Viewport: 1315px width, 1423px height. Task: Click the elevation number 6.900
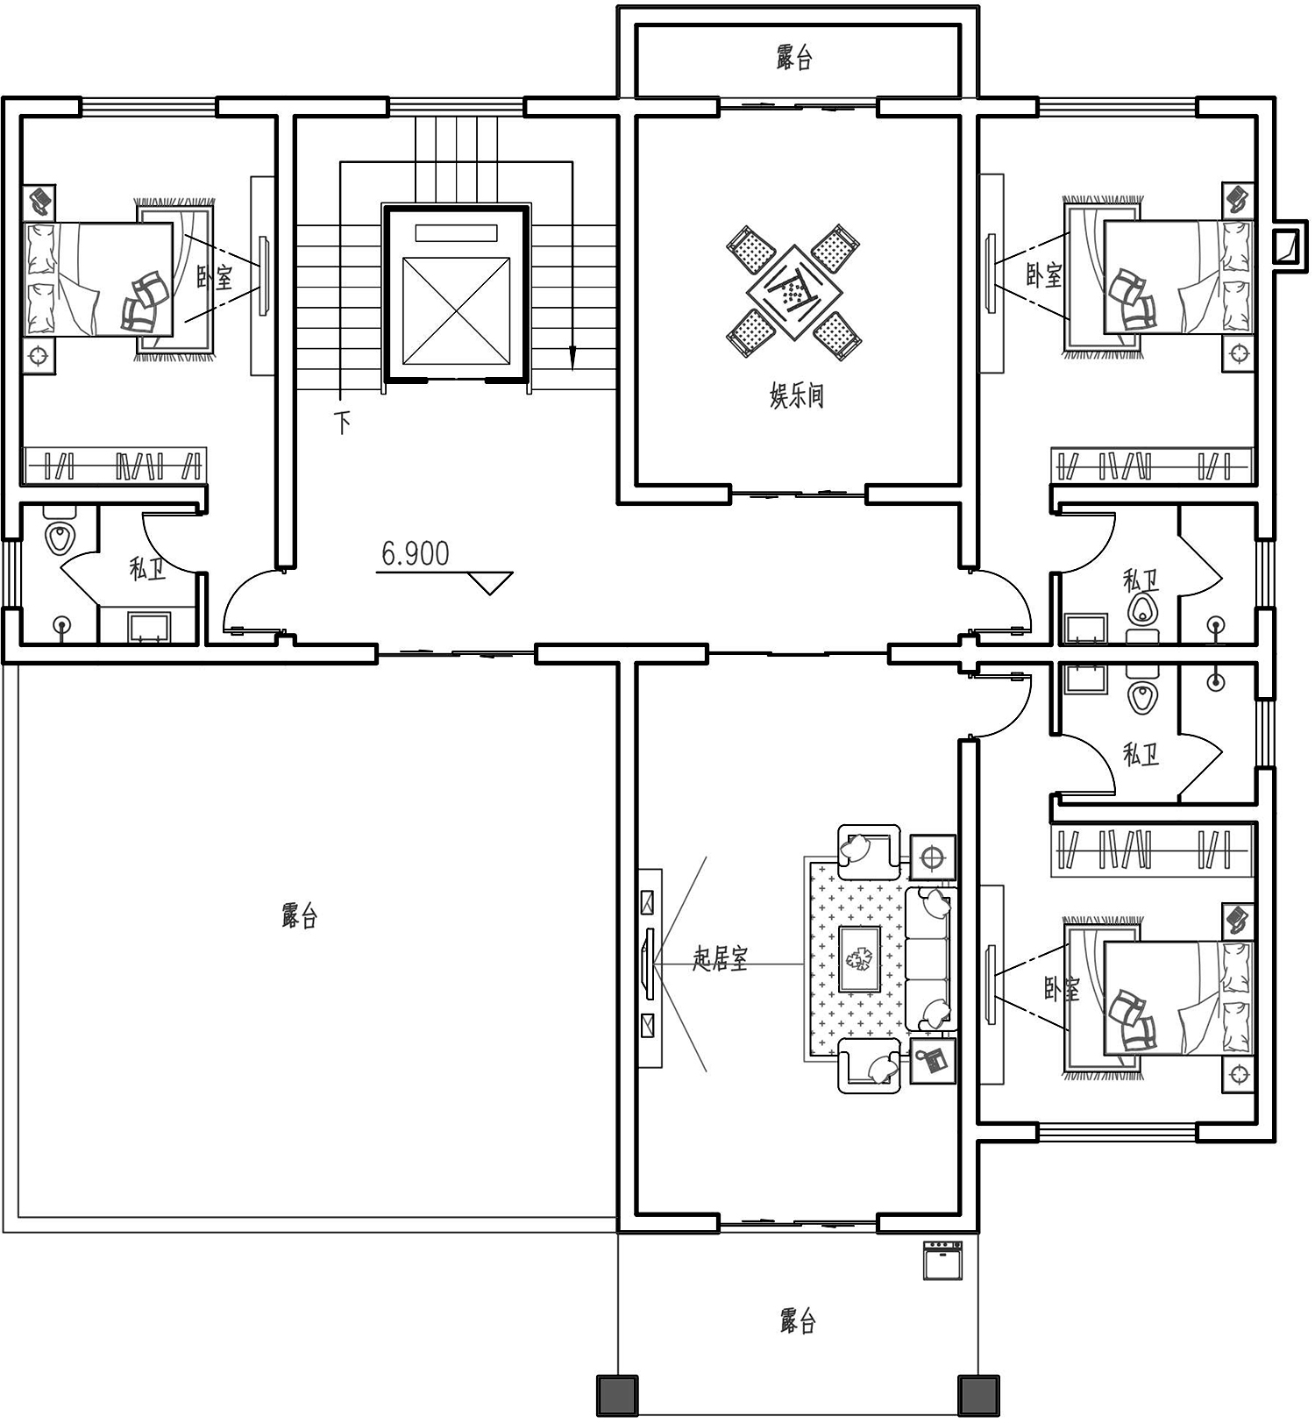(x=415, y=553)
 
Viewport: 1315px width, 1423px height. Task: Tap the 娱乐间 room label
(x=796, y=396)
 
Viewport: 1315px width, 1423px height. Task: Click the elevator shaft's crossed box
(x=456, y=310)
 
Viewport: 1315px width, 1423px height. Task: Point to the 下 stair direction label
(x=342, y=423)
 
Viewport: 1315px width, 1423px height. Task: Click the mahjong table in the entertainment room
(x=795, y=291)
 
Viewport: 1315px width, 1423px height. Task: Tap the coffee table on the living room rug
(x=859, y=958)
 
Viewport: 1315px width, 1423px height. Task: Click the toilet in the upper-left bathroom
(x=60, y=535)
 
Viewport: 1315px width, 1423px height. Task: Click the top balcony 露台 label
(x=794, y=58)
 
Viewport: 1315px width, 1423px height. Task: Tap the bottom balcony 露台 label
(x=798, y=1320)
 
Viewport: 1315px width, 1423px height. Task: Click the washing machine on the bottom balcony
(x=942, y=1260)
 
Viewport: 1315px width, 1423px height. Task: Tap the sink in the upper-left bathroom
(x=148, y=628)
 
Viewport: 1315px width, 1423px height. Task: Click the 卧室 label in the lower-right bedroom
(x=1062, y=990)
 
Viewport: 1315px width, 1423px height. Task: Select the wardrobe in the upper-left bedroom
(x=114, y=465)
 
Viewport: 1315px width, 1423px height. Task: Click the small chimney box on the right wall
(x=1286, y=245)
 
